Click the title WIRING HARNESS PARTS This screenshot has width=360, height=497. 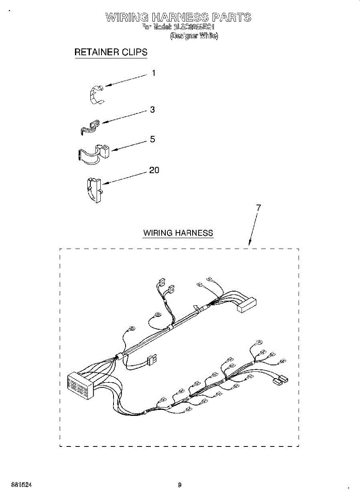click(178, 17)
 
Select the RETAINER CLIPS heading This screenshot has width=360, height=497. click(111, 53)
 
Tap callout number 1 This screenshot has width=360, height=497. click(154, 73)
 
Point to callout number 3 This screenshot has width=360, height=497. click(152, 110)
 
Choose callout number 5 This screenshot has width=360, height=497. click(152, 140)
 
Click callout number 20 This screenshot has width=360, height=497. click(154, 170)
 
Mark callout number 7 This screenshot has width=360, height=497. click(259, 208)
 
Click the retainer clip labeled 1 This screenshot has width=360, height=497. click(97, 94)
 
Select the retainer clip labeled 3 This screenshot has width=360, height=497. click(90, 127)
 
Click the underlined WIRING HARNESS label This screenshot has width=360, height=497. click(178, 233)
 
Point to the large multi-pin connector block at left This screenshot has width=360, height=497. click(78, 386)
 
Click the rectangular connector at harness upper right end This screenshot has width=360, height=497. click(246, 305)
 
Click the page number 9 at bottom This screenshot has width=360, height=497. click(179, 485)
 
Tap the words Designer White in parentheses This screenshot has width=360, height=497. click(194, 36)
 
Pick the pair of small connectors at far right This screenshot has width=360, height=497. click(280, 380)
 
